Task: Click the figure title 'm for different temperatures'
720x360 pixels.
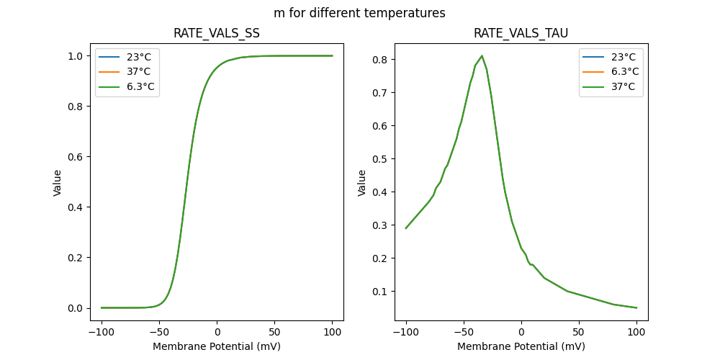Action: coord(359,13)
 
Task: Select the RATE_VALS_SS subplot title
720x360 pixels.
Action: coord(217,34)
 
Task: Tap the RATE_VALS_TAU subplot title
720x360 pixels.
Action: coord(521,34)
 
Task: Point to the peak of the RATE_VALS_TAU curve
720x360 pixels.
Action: coord(482,56)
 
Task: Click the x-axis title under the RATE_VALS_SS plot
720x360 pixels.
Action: coord(217,346)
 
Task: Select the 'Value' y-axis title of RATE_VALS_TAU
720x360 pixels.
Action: coord(362,183)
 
